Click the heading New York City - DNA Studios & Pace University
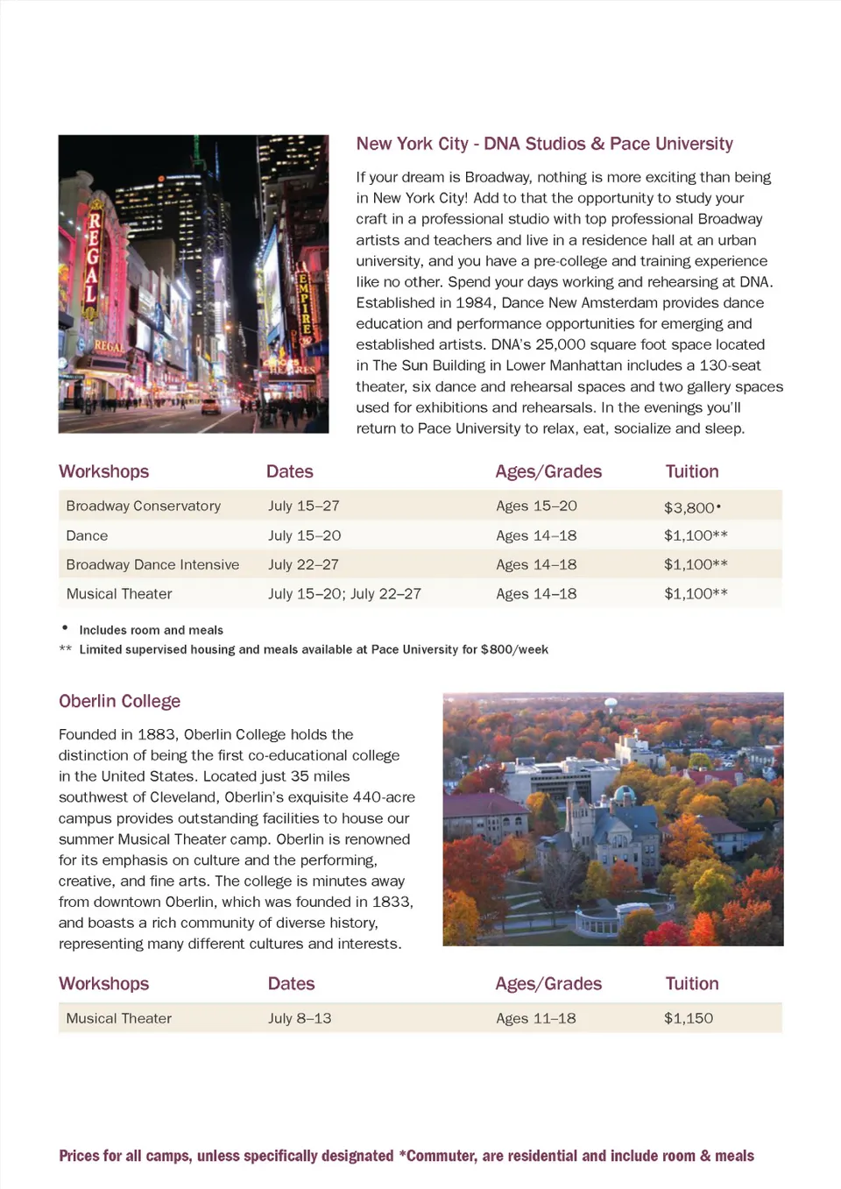click(544, 144)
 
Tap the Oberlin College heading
click(119, 701)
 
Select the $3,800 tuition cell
click(689, 507)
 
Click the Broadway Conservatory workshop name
click(143, 506)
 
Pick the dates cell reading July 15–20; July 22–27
click(344, 593)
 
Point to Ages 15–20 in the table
click(536, 506)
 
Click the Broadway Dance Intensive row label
click(152, 564)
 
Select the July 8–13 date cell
click(300, 1018)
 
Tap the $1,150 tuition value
click(688, 1018)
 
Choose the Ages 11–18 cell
click(536, 1018)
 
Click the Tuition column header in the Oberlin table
click(691, 983)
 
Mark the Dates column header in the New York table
click(289, 471)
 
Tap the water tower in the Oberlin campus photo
click(611, 704)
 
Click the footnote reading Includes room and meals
click(151, 630)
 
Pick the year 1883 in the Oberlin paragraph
click(158, 734)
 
